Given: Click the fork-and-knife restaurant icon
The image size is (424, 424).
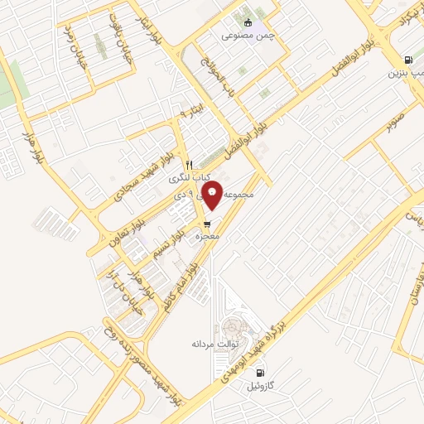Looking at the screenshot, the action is coord(189,164).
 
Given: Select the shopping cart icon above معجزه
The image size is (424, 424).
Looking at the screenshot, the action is coord(206,224).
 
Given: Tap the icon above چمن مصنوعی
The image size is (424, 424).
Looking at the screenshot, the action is coord(248,22).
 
